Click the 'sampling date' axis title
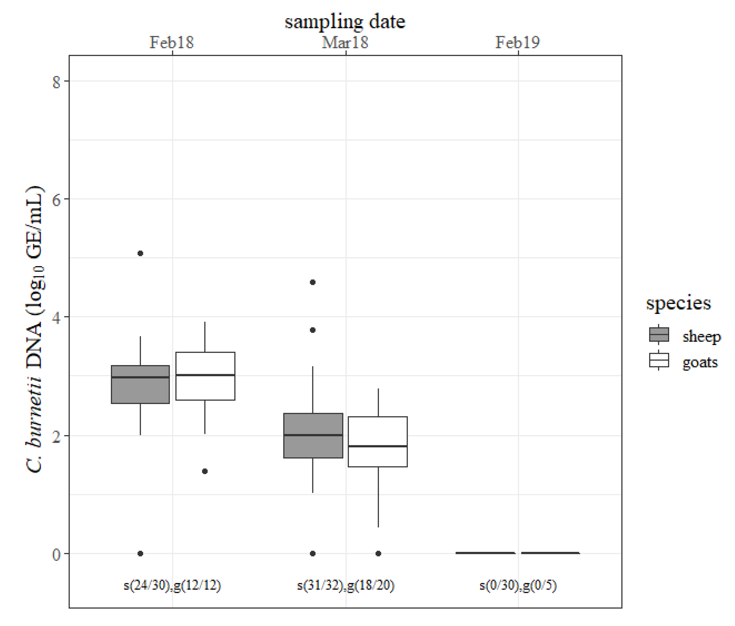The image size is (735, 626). click(345, 22)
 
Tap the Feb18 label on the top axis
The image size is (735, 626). click(171, 42)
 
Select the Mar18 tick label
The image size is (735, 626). click(345, 42)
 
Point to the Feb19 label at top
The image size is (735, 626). click(517, 42)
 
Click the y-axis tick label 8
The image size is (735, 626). click(56, 82)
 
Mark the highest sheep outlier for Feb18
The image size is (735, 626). click(140, 253)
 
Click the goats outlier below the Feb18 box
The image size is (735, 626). click(205, 471)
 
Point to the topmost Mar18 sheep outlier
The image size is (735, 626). click(313, 282)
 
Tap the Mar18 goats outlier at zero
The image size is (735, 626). click(378, 553)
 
